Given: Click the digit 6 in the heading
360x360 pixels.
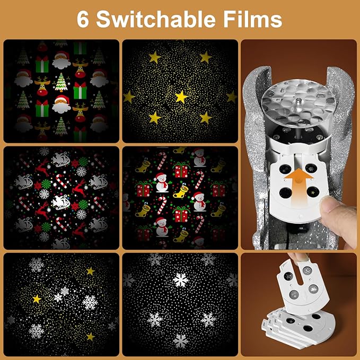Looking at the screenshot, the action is tap(82, 20).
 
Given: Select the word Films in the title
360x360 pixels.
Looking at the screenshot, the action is tap(252, 19).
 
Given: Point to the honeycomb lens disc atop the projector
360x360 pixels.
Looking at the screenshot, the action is tap(298, 100).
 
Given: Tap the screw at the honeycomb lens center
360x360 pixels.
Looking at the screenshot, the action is tap(298, 100).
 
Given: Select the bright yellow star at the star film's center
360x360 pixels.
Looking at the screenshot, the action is tap(181, 96).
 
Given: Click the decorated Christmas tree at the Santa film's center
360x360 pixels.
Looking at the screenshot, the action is tap(62, 82).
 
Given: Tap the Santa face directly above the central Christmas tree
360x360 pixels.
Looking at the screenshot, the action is tap(62, 60).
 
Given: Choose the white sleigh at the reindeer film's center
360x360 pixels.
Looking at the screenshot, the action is tap(61, 203).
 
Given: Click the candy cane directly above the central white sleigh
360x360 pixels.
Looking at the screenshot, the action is tap(62, 181).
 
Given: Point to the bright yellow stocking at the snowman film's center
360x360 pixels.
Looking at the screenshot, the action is tap(181, 191).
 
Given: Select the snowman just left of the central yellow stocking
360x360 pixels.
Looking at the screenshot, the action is tap(162, 182).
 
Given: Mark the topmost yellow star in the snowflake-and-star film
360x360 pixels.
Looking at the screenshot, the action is tap(91, 271).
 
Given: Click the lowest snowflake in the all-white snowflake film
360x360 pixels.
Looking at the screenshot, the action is tap(180, 341).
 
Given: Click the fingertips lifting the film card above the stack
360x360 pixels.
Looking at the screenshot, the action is tap(299, 257).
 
